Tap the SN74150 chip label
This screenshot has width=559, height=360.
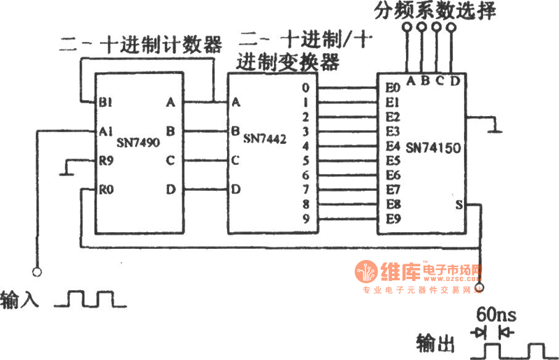tap(433, 147)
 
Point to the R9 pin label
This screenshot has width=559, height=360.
tap(106, 161)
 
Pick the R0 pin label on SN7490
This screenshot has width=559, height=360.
tap(106, 189)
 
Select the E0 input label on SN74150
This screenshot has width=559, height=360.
tap(392, 89)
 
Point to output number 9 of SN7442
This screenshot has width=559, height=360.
tap(306, 219)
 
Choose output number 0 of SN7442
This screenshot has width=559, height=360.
tap(306, 89)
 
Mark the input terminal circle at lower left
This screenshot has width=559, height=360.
tap(36, 271)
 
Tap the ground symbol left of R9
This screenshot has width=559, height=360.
tap(64, 168)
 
